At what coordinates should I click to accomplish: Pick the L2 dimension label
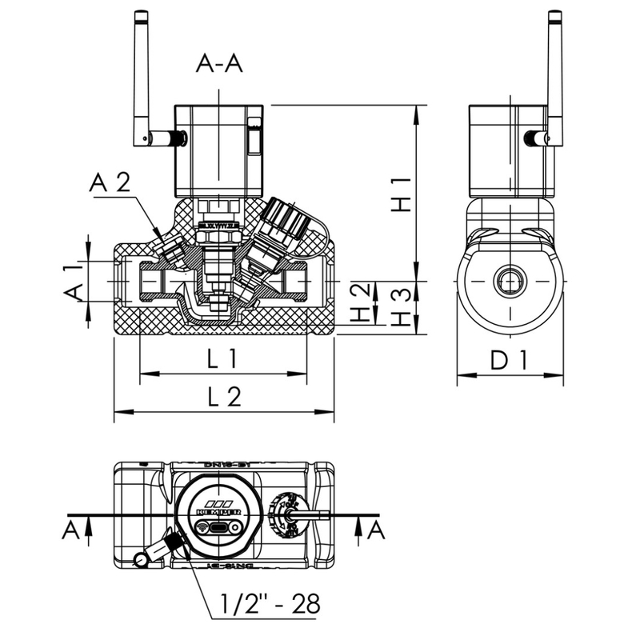[223, 398]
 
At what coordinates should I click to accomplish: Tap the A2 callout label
[110, 182]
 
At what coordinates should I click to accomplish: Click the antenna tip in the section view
[141, 16]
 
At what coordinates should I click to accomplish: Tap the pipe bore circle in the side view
[510, 282]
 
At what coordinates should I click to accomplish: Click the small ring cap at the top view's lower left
[141, 559]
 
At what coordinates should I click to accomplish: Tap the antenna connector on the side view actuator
[532, 138]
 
